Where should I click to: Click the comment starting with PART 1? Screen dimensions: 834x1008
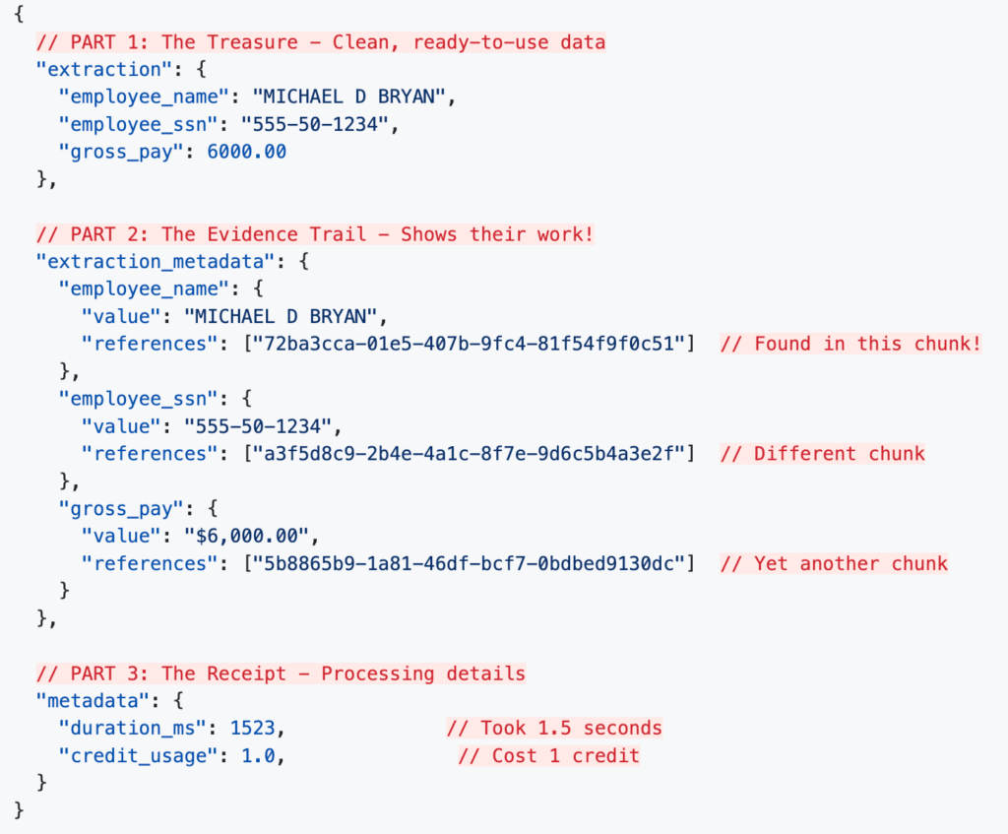[x=321, y=42]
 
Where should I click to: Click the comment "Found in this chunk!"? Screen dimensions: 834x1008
[x=850, y=344]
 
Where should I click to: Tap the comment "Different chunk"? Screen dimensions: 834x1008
[x=822, y=454]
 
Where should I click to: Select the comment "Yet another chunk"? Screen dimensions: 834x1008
[x=834, y=564]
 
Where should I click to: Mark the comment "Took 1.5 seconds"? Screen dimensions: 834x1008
[x=554, y=729]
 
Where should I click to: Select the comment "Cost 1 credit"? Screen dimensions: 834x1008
[x=548, y=756]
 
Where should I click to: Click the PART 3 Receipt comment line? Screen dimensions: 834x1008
[x=281, y=674]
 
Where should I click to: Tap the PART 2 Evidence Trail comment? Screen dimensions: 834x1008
[x=315, y=234]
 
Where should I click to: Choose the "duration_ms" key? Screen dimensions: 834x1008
[x=138, y=729]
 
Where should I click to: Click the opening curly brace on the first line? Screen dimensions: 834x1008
[x=20, y=15]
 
